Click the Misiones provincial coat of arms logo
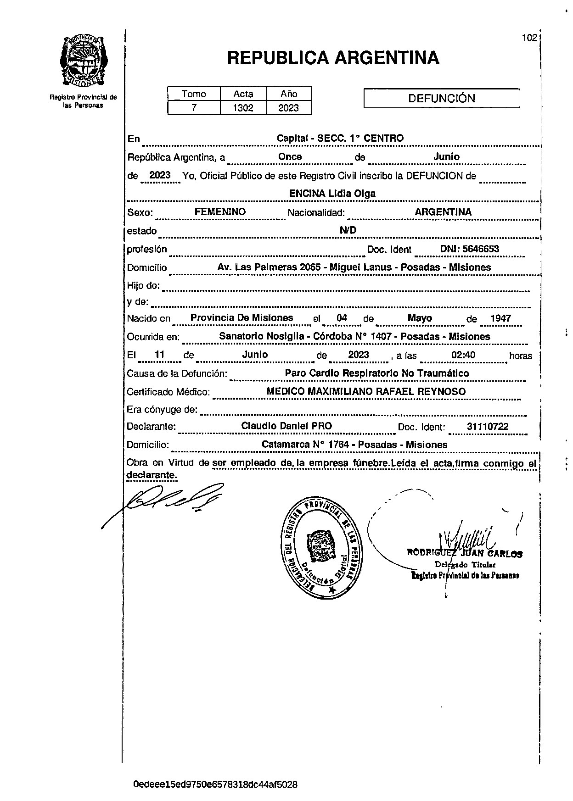click(x=83, y=60)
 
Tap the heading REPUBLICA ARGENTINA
click(x=333, y=58)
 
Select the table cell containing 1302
click(x=243, y=108)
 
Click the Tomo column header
click(x=194, y=94)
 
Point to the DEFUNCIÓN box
click(x=441, y=98)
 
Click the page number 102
click(x=529, y=38)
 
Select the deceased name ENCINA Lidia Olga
click(x=332, y=194)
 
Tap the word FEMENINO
click(x=220, y=212)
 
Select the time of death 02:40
click(x=463, y=355)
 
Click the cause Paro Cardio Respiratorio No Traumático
click(x=376, y=373)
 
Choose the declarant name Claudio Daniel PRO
click(x=286, y=426)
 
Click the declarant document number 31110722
click(x=487, y=427)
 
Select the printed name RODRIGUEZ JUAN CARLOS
click(x=465, y=554)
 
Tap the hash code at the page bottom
click(x=215, y=784)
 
